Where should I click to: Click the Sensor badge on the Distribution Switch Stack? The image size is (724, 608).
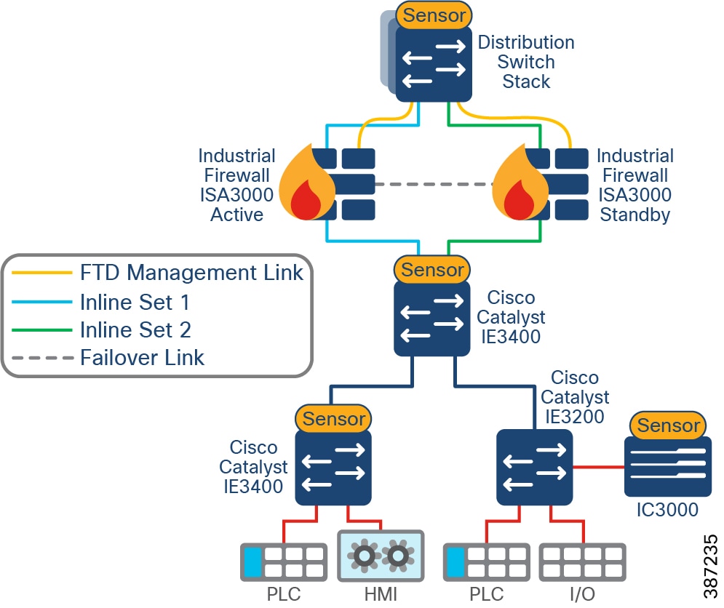[x=435, y=15]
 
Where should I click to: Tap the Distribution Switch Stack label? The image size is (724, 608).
[x=526, y=62]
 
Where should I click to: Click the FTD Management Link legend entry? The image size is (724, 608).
[x=191, y=273]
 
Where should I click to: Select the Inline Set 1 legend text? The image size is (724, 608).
[x=135, y=302]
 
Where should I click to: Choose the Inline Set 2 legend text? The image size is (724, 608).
[x=135, y=330]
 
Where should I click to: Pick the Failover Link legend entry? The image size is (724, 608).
[x=143, y=358]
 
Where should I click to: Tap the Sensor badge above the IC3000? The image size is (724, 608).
[x=669, y=425]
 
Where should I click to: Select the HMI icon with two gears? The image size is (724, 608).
[x=381, y=556]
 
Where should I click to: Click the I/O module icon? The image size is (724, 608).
[x=582, y=561]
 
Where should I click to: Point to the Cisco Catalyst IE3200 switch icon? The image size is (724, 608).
[x=534, y=467]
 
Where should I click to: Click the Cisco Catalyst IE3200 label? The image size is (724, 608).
[x=575, y=397]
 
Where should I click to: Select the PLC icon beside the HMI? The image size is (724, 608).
[x=283, y=561]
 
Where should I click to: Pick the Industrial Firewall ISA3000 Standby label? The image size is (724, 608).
[x=635, y=185]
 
